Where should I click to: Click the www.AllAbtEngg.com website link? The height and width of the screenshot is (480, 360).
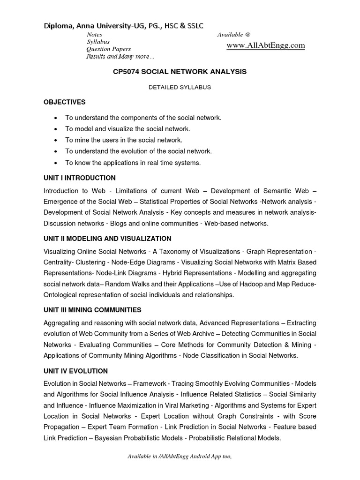266,45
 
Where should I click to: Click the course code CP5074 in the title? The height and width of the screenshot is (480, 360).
127,72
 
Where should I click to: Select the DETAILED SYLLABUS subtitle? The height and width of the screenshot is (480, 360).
180,87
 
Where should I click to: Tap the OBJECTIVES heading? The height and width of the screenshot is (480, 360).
65,102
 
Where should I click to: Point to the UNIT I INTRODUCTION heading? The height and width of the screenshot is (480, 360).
79,178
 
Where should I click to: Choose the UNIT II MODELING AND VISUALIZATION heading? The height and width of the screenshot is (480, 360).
107,239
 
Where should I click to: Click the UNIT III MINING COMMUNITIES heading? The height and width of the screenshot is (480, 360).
92,310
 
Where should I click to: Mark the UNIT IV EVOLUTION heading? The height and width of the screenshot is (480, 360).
75,371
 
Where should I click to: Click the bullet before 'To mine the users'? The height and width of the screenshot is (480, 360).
56,140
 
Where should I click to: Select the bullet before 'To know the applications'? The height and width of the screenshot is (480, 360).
56,163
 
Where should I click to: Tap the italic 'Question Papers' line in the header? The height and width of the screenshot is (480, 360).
108,49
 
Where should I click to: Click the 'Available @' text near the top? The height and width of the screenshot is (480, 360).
234,35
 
